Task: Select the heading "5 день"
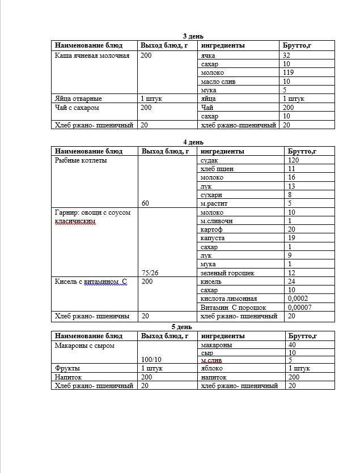(181, 327)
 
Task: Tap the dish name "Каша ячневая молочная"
(92, 56)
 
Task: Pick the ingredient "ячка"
(209, 56)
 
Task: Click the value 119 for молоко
(288, 73)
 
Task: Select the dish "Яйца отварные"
(78, 99)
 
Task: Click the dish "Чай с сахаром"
(77, 107)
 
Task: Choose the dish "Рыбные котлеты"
(81, 160)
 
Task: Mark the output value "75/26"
(150, 272)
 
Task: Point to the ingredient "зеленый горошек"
(228, 272)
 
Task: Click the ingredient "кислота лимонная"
(229, 299)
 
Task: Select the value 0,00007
(301, 307)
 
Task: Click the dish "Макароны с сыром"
(84, 345)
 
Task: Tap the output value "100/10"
(151, 359)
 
